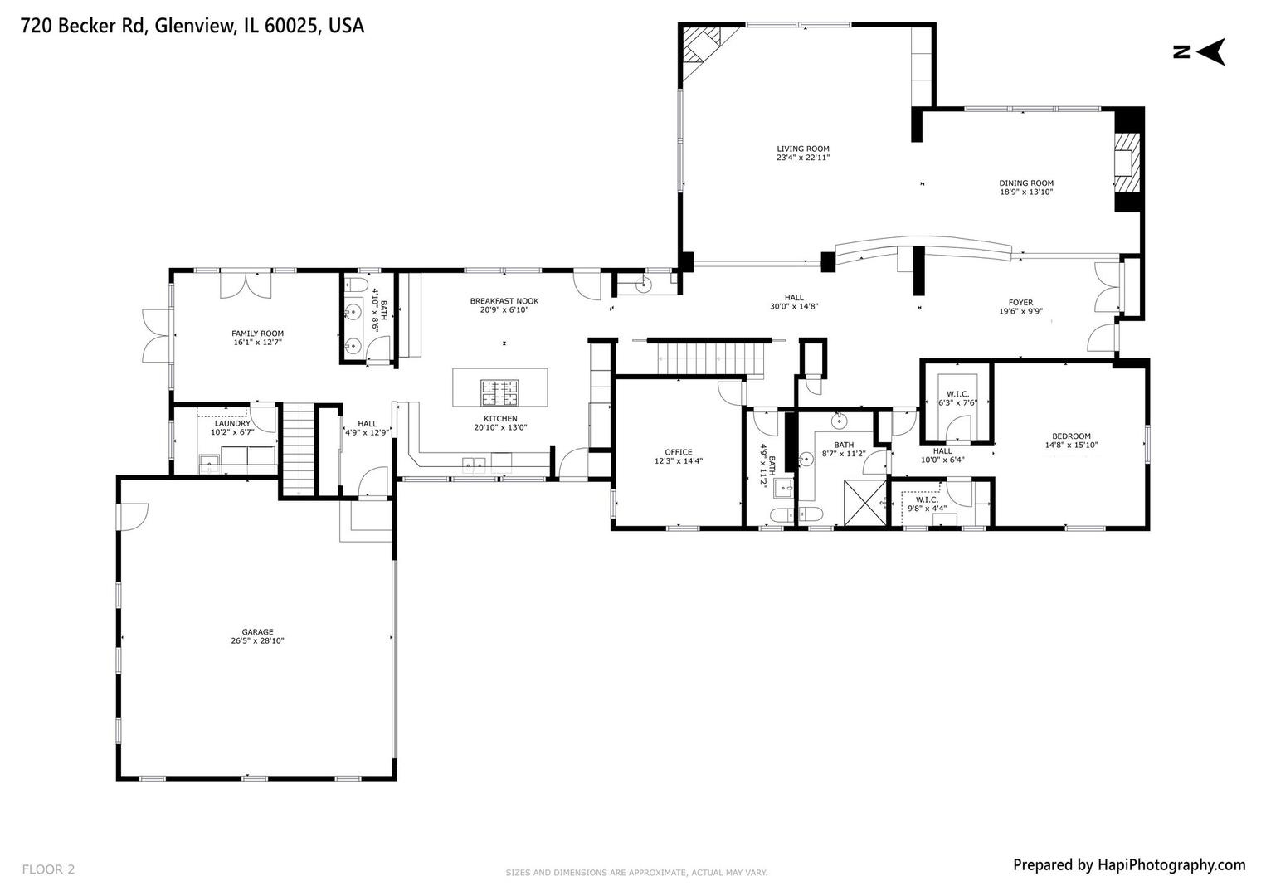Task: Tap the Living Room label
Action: [802, 149]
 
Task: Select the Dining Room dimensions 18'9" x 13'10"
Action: [1026, 192]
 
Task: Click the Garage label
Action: [257, 631]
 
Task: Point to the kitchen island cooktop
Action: [500, 388]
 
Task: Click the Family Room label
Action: [257, 334]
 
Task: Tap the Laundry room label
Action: [232, 423]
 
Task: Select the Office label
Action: [678, 452]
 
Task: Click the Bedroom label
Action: [1071, 436]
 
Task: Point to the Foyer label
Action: [1020, 303]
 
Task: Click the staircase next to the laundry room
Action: [296, 448]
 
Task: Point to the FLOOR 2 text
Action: [48, 869]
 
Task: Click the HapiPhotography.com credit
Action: [1128, 865]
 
